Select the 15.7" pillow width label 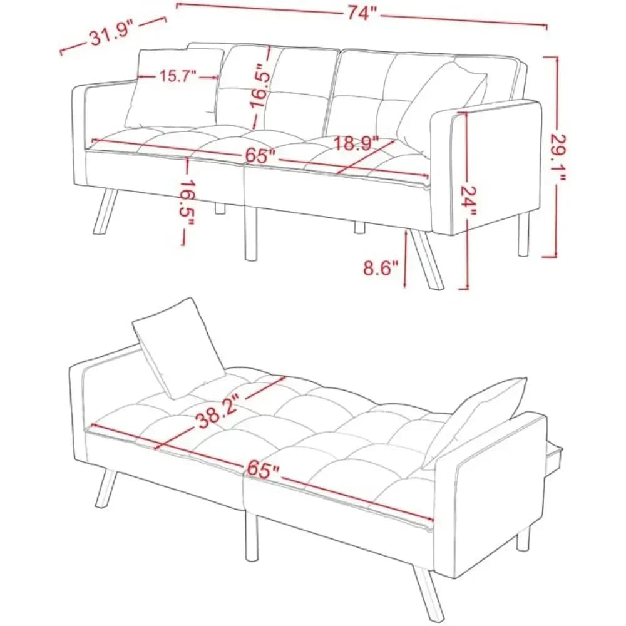tap(177, 76)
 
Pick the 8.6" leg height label tap(381, 269)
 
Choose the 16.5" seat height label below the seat tap(183, 198)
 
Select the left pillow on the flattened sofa tap(178, 347)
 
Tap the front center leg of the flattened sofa tap(251, 532)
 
